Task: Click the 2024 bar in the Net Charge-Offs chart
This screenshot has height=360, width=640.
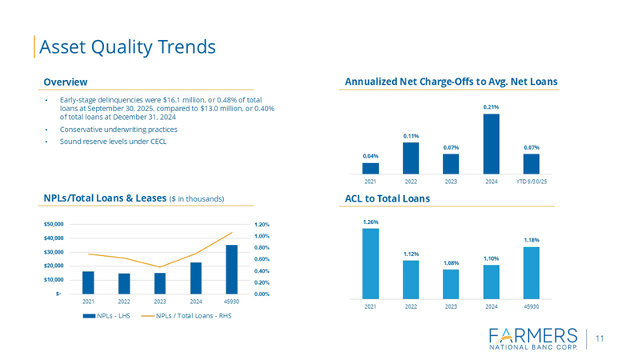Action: coord(491,144)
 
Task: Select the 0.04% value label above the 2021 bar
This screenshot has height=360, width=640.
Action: coord(370,156)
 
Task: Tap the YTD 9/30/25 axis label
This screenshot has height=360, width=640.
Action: coord(531,182)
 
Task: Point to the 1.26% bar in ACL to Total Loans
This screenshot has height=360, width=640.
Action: coord(370,263)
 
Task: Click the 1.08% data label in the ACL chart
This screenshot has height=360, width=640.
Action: coord(450,262)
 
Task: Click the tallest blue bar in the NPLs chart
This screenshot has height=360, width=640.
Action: coord(231,270)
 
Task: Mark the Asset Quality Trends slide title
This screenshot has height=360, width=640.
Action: coord(128,46)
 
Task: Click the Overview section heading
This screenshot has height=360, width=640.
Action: coord(66,82)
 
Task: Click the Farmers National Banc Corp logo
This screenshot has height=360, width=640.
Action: coord(531,338)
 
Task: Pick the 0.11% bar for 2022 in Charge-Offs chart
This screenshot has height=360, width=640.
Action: coord(410,158)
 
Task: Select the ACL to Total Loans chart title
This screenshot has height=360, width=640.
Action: coord(387,198)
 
